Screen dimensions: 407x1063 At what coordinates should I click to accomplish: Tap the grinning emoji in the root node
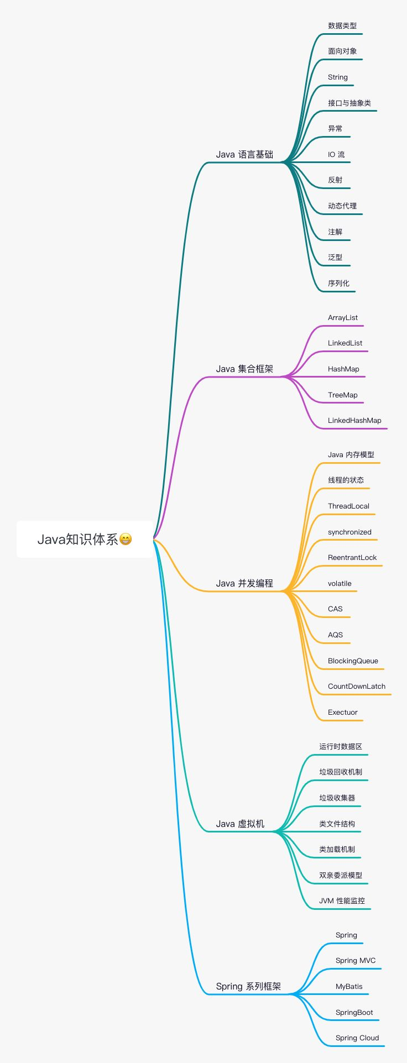(126, 539)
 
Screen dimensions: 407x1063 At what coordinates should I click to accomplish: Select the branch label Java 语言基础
(244, 154)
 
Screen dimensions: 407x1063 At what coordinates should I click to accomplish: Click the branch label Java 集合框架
(244, 369)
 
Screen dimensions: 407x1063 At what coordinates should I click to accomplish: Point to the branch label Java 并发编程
(244, 583)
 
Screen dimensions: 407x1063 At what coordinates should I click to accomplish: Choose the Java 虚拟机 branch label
(240, 824)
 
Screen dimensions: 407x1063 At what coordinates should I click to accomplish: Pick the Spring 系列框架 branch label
(248, 986)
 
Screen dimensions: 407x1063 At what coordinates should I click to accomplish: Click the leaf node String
(338, 77)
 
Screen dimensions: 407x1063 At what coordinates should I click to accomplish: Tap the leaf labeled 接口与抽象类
(349, 103)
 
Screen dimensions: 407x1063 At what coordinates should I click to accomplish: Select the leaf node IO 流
(336, 154)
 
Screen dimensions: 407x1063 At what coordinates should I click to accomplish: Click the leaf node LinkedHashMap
(354, 421)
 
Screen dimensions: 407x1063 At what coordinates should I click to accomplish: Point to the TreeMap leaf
(343, 395)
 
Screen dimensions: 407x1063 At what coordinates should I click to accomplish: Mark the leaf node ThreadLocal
(348, 506)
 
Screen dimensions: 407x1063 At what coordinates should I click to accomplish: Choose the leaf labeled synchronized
(349, 532)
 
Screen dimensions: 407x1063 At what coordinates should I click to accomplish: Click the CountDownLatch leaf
(357, 687)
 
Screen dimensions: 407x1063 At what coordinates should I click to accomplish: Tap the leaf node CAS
(335, 609)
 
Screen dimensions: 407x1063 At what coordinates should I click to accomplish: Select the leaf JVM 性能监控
(342, 901)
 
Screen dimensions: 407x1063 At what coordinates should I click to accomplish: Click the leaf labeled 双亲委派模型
(341, 875)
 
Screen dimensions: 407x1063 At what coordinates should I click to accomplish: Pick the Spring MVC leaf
(356, 961)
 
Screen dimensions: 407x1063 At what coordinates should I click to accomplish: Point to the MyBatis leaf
(349, 987)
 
